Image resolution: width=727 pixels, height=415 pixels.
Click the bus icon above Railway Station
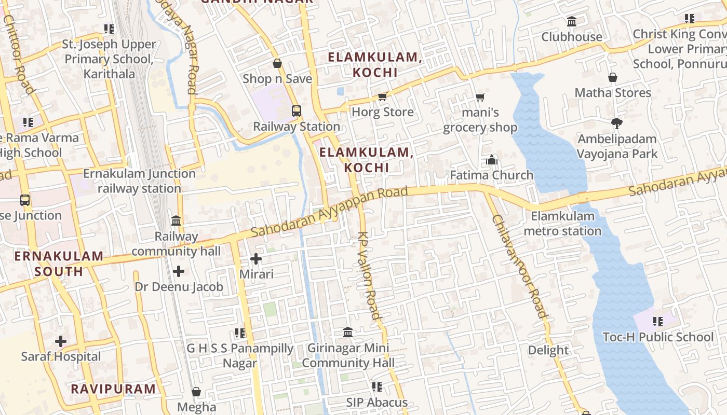(x=297, y=110)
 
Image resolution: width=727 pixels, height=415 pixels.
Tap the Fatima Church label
(x=491, y=175)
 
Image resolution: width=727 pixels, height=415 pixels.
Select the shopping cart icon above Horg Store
(x=383, y=96)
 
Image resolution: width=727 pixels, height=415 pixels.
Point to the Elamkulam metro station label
(x=562, y=224)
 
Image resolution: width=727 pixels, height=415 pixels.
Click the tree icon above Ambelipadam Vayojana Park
(x=617, y=123)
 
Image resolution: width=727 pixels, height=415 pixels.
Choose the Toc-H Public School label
(x=658, y=337)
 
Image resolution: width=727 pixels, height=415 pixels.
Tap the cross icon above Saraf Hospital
(x=61, y=341)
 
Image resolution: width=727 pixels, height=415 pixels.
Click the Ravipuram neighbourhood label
(x=113, y=389)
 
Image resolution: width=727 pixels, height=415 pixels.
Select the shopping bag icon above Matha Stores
(x=613, y=77)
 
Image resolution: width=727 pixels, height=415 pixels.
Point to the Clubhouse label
(x=572, y=37)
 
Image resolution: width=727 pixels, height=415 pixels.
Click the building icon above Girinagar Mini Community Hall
(x=348, y=332)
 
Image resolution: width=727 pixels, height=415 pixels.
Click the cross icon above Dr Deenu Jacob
(x=179, y=271)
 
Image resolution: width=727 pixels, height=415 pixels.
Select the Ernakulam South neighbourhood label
(x=59, y=264)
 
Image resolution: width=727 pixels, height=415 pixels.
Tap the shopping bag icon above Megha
(x=196, y=392)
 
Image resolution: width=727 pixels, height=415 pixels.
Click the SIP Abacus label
(x=377, y=403)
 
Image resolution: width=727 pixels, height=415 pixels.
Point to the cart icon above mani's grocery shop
(x=480, y=97)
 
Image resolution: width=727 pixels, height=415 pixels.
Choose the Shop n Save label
(x=277, y=79)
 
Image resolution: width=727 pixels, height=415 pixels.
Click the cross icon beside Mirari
(x=256, y=258)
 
